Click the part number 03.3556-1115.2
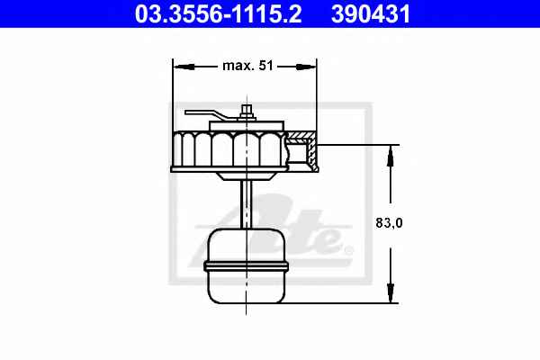tap(219, 13)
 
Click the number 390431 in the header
tap(371, 13)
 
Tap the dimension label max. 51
tap(248, 66)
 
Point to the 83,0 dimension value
tap(389, 223)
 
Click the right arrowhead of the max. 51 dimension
tap(306, 67)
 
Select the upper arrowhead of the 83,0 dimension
tap(391, 156)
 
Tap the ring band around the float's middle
tap(247, 265)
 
